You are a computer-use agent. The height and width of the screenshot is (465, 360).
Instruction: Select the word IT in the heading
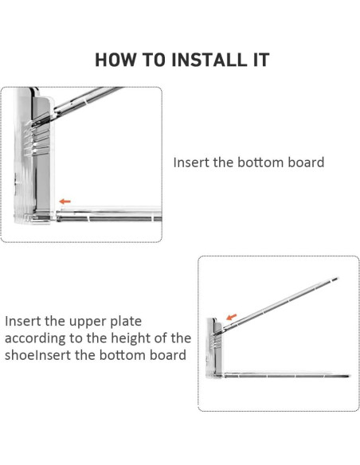click(261, 59)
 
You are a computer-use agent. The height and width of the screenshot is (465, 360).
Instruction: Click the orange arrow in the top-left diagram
click(65, 201)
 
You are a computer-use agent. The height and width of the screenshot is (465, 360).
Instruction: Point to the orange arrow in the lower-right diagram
click(232, 317)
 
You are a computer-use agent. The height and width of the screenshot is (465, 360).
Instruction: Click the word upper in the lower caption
click(88, 322)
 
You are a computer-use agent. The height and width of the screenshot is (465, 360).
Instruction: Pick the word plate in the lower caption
click(127, 322)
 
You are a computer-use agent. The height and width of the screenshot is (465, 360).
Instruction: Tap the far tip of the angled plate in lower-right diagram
click(338, 278)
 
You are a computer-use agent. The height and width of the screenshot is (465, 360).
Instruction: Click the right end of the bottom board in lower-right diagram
click(350, 376)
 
